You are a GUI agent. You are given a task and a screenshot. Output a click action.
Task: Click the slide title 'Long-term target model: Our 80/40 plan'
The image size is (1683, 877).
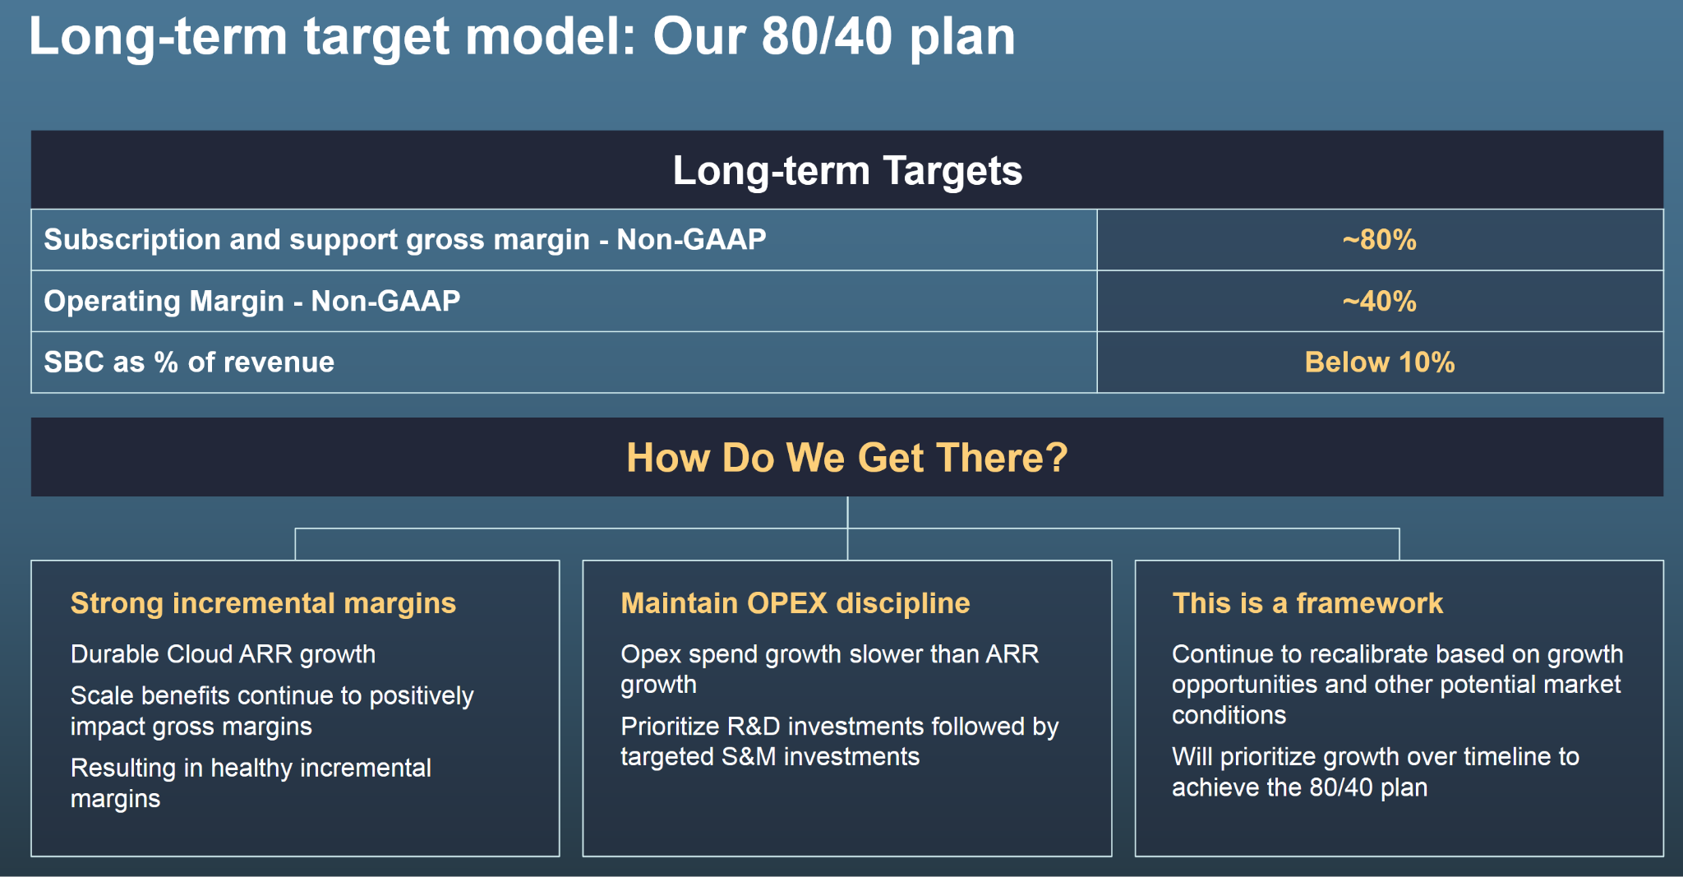pos(522,37)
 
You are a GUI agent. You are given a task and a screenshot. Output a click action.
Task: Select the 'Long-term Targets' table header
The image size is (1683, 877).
pos(847,171)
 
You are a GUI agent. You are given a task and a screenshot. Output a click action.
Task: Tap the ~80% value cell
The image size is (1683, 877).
pos(1380,240)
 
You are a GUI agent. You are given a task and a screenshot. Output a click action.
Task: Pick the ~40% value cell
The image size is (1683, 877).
pos(1380,302)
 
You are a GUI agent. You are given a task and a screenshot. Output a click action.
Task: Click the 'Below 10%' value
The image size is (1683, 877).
pos(1380,362)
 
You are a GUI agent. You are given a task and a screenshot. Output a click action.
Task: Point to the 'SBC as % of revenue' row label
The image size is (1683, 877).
pos(189,362)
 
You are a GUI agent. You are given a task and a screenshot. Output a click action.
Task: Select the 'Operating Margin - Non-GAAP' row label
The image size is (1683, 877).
pos(252,302)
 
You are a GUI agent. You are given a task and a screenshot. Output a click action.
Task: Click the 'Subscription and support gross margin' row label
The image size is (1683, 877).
pos(316,240)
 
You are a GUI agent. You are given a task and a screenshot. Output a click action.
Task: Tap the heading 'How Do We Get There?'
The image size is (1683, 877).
pos(847,458)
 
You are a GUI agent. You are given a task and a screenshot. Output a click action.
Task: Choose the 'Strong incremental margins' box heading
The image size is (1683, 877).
pos(263,603)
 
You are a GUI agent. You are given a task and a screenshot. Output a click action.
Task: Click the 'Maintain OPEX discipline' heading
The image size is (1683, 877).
pos(795,603)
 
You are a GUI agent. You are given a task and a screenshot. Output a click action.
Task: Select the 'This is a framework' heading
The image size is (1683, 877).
pos(1307,603)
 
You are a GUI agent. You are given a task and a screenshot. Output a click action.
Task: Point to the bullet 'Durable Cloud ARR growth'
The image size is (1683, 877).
pos(223,654)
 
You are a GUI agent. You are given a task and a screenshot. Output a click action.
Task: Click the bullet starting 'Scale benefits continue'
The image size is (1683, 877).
pos(272,711)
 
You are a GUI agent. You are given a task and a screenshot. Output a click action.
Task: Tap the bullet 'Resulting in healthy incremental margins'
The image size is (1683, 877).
pos(251,783)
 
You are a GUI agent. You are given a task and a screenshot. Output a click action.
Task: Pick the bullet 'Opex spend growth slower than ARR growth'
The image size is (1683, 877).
pos(830,669)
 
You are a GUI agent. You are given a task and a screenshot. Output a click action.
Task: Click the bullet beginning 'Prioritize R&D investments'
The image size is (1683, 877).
pos(840,741)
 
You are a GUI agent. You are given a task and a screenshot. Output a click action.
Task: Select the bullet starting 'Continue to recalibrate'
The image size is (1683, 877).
pos(1398,685)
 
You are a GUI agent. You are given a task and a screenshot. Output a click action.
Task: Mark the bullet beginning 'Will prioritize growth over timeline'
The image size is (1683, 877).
pos(1376,772)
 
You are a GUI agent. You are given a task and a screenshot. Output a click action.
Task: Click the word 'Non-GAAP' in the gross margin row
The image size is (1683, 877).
pos(691,239)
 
